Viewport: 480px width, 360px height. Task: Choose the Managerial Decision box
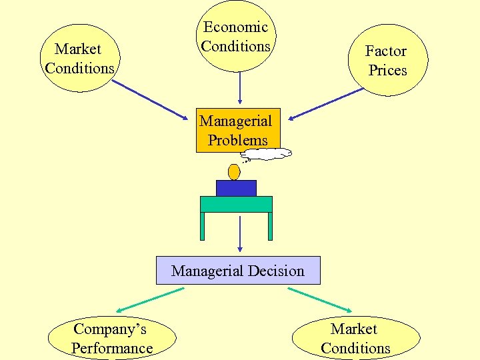tap(238, 271)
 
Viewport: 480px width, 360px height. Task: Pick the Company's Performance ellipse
tap(112, 338)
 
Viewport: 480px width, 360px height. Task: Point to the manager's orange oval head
tap(234, 172)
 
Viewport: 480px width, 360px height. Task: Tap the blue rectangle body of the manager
tap(236, 188)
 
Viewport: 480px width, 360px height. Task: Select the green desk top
tap(237, 204)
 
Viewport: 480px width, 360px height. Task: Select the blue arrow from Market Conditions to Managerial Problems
tap(149, 99)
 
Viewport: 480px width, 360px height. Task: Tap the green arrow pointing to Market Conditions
tap(319, 299)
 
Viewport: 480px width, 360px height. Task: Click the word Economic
tap(235, 27)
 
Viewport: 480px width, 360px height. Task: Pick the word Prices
tap(387, 70)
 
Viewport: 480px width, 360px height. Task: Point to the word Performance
tap(112, 348)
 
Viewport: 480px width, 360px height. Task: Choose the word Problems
tap(238, 140)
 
